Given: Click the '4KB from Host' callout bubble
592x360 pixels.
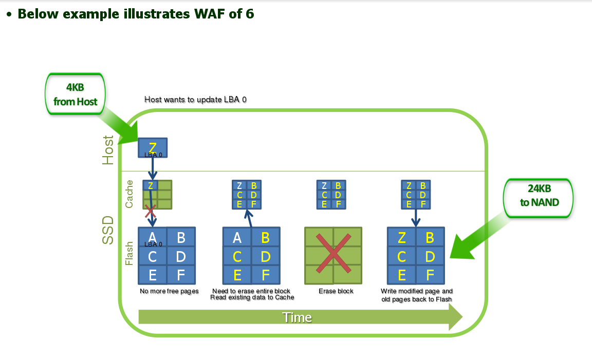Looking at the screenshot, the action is pos(75,94).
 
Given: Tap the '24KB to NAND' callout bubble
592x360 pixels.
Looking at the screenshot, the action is pos(539,198).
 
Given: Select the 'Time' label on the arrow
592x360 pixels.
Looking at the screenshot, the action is pos(297,317).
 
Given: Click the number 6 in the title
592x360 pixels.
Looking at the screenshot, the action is pos(250,14).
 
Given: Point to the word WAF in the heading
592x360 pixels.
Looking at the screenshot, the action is pos(210,14).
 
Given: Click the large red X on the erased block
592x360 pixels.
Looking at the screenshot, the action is pos(334,253).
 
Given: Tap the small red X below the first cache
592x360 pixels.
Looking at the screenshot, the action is pos(150,212).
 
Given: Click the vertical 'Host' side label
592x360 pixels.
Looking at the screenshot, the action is pos(108,150).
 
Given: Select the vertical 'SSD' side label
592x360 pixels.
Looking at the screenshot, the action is pos(108,230).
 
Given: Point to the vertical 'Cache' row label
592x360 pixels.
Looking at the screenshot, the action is pos(129,194).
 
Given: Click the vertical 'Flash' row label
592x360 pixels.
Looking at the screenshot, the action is pos(129,254).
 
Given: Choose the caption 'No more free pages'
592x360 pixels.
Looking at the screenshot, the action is pos(169,291).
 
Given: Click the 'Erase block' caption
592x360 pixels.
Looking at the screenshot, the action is pos(336,291).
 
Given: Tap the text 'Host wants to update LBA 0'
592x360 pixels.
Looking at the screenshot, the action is pos(195,100).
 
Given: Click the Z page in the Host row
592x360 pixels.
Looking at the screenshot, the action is pos(153,147).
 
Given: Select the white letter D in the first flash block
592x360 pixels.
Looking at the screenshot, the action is pos(181,257).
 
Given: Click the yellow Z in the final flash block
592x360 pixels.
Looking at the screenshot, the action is pos(402,238).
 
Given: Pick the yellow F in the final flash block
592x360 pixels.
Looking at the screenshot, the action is pos(430,275).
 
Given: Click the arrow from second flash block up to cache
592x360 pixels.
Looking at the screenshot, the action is pos(249,218).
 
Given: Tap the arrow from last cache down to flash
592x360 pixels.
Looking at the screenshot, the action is pos(416,218).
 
